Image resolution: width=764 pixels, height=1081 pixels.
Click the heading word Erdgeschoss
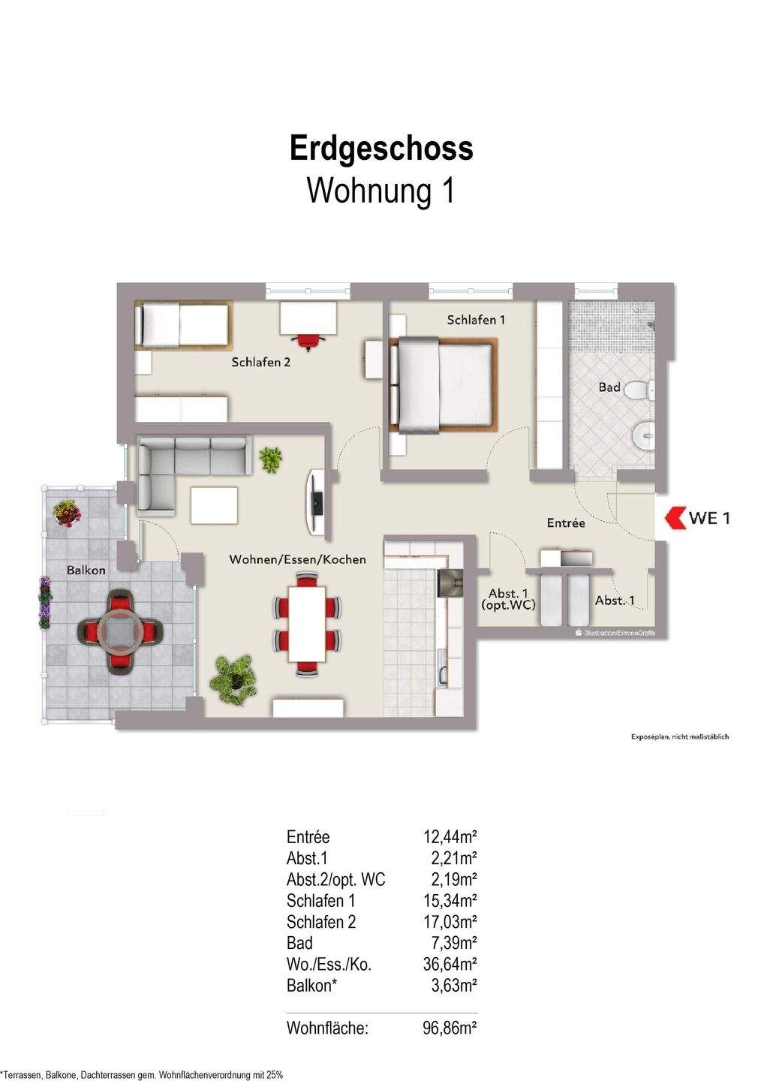(381, 148)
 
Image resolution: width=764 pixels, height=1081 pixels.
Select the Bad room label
(609, 387)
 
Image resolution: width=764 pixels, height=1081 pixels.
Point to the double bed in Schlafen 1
(441, 385)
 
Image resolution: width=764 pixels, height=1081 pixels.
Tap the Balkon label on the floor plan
(86, 570)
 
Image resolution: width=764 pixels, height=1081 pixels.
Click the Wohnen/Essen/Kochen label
(297, 559)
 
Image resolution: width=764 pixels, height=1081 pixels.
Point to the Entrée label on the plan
(566, 522)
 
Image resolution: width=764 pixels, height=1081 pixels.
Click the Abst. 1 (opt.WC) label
(508, 598)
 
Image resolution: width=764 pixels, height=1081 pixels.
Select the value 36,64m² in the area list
(450, 965)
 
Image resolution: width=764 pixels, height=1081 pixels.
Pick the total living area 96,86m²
(450, 1028)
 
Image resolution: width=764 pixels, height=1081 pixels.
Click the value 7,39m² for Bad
(453, 944)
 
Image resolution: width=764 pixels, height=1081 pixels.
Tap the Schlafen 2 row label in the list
(321, 922)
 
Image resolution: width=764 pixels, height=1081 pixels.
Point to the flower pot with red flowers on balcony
(68, 514)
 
